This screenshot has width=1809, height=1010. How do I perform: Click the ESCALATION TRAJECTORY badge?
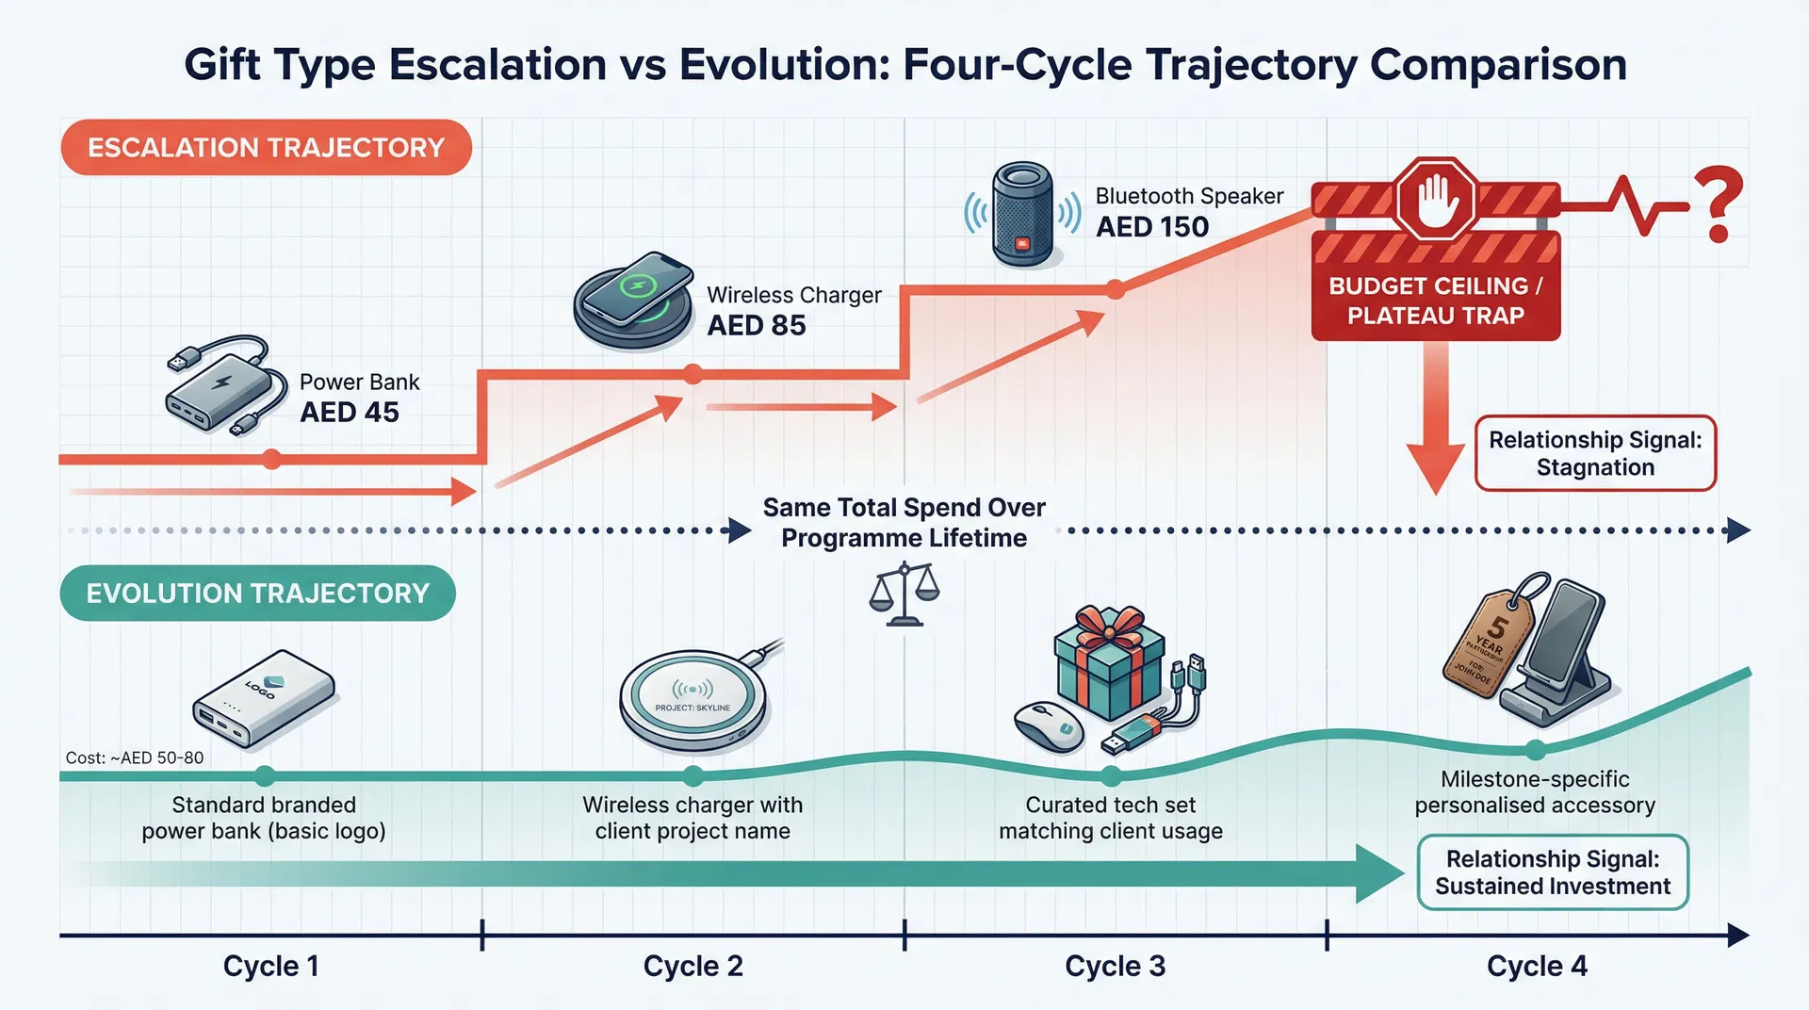coord(266,148)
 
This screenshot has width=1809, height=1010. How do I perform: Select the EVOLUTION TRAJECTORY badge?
coord(257,594)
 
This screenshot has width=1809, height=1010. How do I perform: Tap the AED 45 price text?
coord(350,413)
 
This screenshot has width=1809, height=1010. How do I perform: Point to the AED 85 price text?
coord(757,326)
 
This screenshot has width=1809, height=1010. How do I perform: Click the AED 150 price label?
coord(1152,227)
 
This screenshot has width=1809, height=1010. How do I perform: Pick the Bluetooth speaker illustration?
coord(1022,214)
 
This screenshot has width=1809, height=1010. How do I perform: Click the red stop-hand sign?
coord(1435,200)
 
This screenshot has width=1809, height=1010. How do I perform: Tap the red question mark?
coord(1718,204)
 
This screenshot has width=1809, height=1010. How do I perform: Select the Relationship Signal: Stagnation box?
coord(1595,453)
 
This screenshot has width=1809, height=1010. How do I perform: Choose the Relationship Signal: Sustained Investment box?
coord(1552,872)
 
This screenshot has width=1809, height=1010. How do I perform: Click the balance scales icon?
coord(904,595)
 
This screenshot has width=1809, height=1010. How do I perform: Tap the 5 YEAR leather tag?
coord(1488,644)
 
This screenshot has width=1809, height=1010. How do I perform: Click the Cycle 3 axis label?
coord(1115,966)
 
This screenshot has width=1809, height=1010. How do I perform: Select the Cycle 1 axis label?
coord(270,966)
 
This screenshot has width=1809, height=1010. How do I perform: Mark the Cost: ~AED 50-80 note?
coord(135,757)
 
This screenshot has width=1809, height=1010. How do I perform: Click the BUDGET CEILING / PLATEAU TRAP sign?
coord(1435,301)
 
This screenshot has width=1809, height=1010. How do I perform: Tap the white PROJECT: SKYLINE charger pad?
coord(693,701)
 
